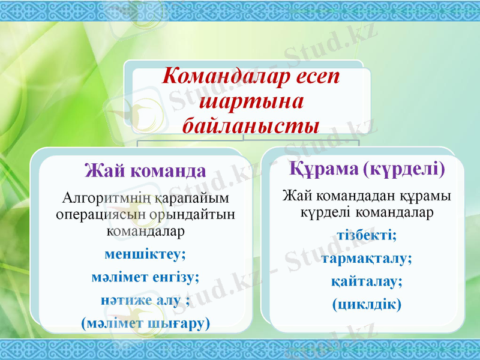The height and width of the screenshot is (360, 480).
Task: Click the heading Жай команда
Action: (x=146, y=171)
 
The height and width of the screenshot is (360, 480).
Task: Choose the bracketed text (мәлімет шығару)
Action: (x=145, y=323)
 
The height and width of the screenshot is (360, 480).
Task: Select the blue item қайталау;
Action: (x=367, y=281)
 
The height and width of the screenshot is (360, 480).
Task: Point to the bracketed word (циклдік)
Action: (x=367, y=304)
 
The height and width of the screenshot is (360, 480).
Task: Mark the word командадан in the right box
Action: (x=350, y=196)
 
